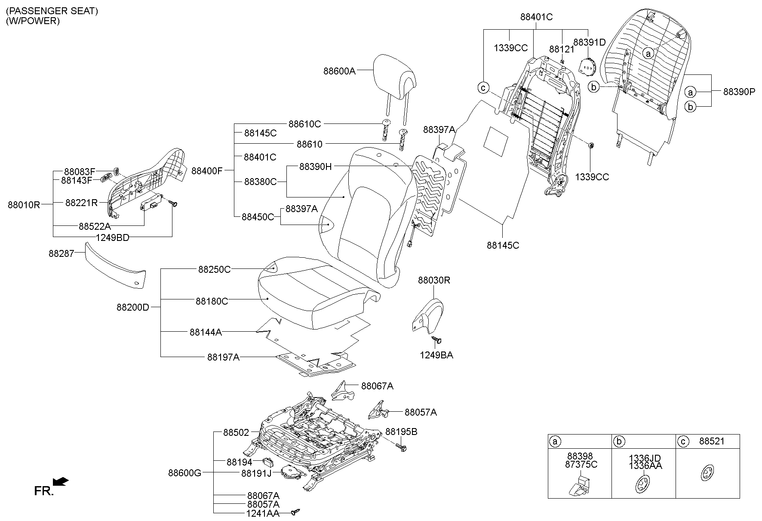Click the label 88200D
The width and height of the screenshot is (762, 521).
pos(132,307)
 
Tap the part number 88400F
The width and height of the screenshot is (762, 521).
pos(207,171)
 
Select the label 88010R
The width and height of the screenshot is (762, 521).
pos(24,205)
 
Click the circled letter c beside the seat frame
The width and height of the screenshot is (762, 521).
pos(483,88)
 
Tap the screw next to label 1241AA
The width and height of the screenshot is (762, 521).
pos(295,512)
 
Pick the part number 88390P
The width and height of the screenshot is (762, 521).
pos(739,91)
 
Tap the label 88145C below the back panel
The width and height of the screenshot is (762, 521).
pos(503,245)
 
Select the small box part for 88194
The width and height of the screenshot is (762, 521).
pos(269,462)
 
